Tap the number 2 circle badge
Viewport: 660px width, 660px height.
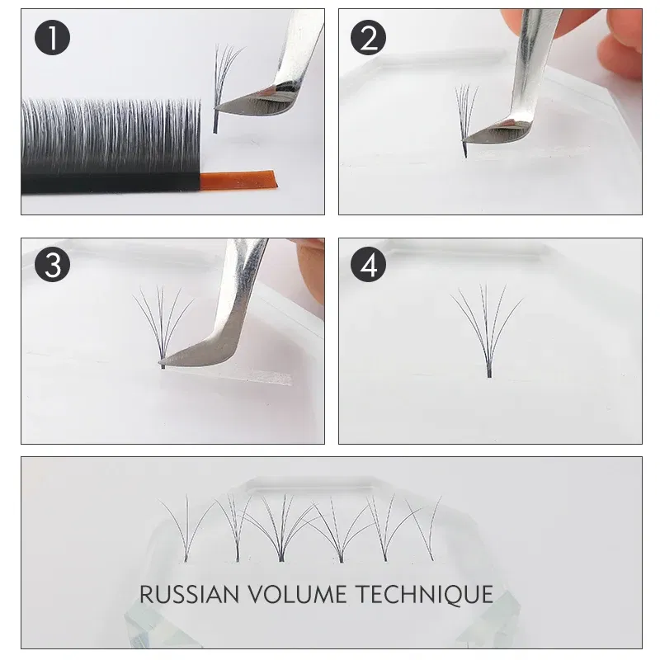click(369, 39)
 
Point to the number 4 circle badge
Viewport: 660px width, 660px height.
click(369, 265)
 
